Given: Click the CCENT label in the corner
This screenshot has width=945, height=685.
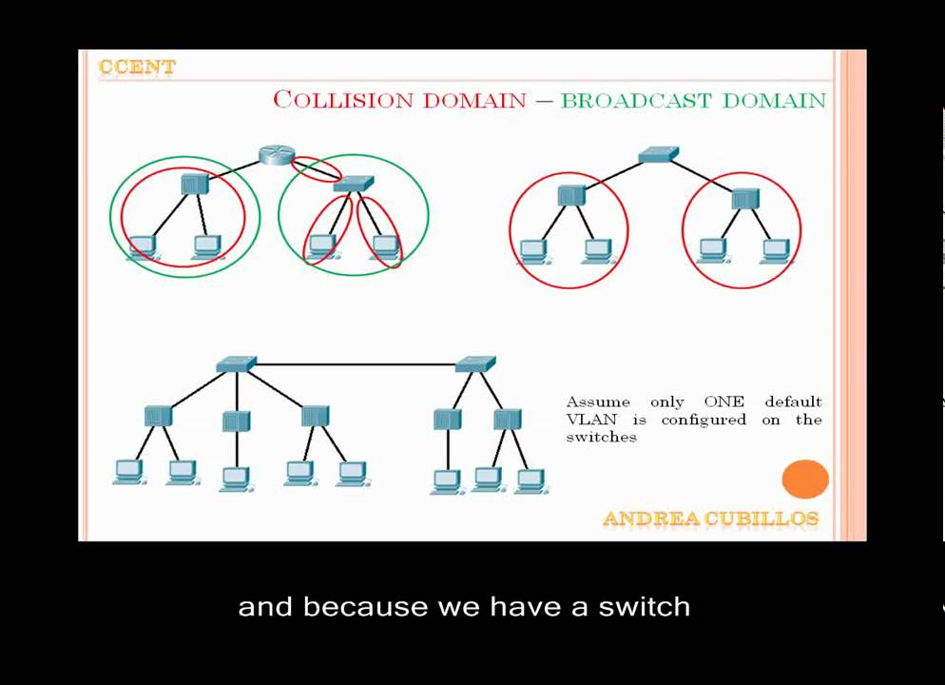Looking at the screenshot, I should tap(137, 68).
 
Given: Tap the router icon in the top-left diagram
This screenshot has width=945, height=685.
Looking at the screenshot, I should tap(277, 155).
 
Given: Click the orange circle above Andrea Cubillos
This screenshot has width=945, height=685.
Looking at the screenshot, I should tap(805, 479).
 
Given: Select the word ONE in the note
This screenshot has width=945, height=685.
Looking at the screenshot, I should tap(723, 401).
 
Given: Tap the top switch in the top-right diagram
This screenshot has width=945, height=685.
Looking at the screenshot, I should tap(658, 154).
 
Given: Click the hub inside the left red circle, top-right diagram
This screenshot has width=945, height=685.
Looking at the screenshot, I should tap(570, 195).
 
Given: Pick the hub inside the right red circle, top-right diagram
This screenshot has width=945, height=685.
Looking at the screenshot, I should tap(744, 199).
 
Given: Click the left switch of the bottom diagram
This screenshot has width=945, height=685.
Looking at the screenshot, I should tap(236, 363).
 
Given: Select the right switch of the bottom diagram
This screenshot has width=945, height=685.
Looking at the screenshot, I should tap(475, 363).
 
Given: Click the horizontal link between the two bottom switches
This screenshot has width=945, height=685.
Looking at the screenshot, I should tap(357, 363).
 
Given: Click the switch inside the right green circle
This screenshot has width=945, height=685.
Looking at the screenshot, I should tap(354, 184).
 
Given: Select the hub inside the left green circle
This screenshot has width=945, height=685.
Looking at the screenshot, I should tap(194, 184).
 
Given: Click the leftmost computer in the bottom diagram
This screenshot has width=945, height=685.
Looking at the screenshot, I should tap(128, 471).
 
